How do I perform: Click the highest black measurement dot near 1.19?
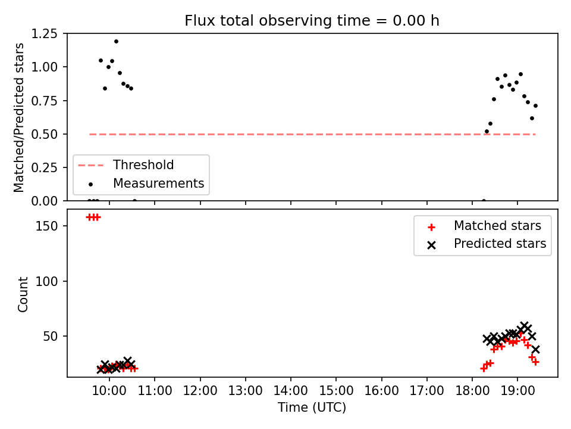click(116, 41)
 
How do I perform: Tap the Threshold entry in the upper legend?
click(126, 165)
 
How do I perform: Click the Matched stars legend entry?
click(484, 226)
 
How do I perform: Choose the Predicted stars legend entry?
click(487, 244)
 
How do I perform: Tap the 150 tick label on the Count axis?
click(46, 226)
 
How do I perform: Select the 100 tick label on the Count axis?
click(46, 281)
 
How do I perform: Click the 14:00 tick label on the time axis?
click(291, 391)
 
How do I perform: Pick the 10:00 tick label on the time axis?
click(109, 391)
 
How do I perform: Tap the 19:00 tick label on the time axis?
click(517, 391)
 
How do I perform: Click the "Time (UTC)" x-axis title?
click(312, 407)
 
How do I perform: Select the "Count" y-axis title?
click(23, 294)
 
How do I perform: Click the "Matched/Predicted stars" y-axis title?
click(18, 117)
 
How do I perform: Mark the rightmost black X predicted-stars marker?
click(535, 350)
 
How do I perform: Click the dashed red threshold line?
click(312, 134)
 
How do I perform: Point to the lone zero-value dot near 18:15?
click(484, 201)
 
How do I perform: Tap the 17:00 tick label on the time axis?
click(427, 391)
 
